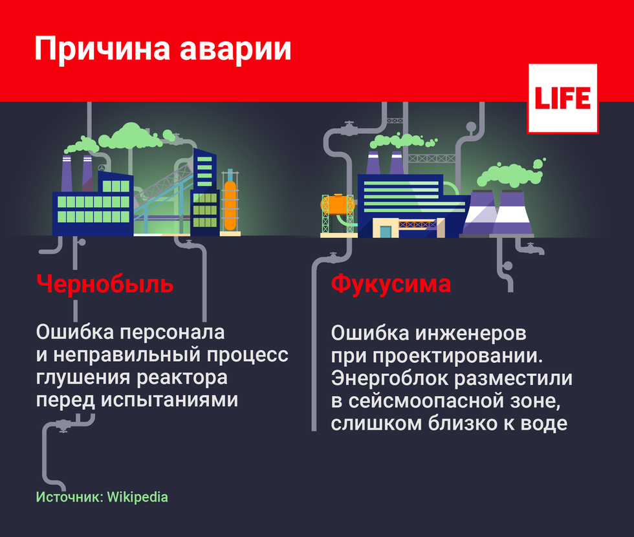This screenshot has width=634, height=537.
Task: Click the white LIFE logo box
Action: (562, 98)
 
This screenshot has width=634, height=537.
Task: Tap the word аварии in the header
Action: (235, 50)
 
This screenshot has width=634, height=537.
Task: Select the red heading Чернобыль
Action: (105, 283)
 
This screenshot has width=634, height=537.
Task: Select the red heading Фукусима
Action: (391, 284)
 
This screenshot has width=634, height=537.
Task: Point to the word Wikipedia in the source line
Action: (137, 497)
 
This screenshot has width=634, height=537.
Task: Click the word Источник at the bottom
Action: (70, 497)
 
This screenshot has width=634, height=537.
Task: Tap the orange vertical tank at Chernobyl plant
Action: (230, 206)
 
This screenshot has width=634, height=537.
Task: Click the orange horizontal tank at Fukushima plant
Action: (338, 204)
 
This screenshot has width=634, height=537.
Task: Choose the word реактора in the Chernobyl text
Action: (182, 378)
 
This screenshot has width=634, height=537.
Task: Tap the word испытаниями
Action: (169, 400)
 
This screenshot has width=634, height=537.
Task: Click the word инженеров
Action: (471, 334)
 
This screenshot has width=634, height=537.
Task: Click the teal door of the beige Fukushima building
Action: (386, 232)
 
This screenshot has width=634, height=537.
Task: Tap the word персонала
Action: (173, 333)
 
